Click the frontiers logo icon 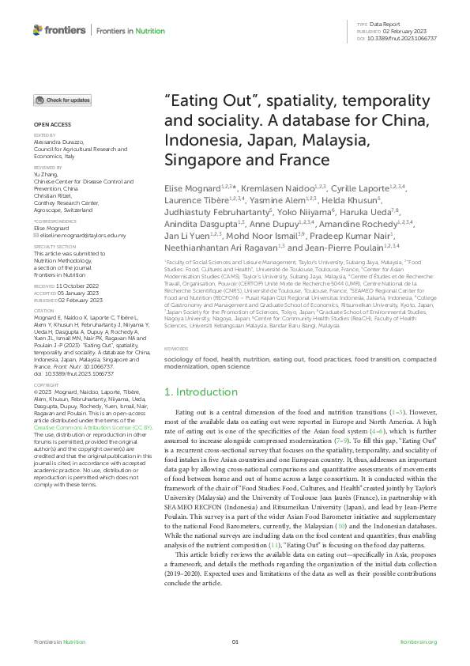pyautogui.click(x=37, y=30)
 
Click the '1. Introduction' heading pyautogui.click(x=201, y=392)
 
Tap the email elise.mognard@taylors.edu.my pyautogui.click(x=77, y=236)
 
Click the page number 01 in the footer pyautogui.click(x=235, y=641)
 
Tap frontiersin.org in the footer pyautogui.click(x=418, y=641)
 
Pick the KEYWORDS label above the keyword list pyautogui.click(x=175, y=348)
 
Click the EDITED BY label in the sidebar pyautogui.click(x=45, y=136)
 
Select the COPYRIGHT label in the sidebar pyautogui.click(x=47, y=383)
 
